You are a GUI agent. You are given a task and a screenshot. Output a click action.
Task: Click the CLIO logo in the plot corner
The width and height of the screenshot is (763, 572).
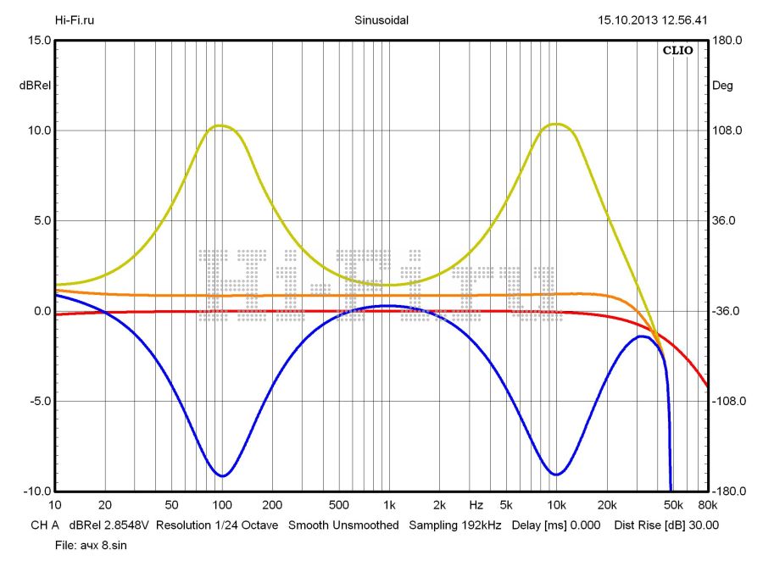(x=677, y=51)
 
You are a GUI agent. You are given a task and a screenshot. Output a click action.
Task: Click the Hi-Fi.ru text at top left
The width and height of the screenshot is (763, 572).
(x=75, y=20)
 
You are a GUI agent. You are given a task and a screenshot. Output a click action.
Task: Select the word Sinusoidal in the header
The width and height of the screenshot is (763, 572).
(x=381, y=20)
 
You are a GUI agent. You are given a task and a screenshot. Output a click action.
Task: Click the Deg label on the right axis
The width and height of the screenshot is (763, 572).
(x=722, y=86)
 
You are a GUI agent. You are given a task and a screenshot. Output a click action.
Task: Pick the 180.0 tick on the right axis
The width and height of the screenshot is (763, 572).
(x=727, y=40)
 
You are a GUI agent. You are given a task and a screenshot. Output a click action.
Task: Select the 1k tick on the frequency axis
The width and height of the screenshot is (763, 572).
(x=388, y=504)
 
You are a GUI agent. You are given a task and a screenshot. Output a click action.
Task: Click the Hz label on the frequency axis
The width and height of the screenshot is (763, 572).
(x=476, y=504)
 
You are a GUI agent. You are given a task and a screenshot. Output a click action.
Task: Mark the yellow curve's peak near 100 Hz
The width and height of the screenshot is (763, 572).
(x=221, y=125)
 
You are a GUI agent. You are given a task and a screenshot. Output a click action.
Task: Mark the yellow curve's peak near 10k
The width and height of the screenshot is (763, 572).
(x=556, y=124)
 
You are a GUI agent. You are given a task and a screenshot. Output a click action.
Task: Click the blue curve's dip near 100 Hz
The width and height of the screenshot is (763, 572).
(x=222, y=475)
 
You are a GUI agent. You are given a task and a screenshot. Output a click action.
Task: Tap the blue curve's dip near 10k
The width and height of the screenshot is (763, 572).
(x=555, y=474)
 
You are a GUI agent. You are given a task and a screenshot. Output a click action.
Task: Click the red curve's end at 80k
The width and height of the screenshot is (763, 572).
(x=707, y=386)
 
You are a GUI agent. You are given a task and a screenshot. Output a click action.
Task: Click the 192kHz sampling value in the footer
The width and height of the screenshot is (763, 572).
(x=482, y=525)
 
